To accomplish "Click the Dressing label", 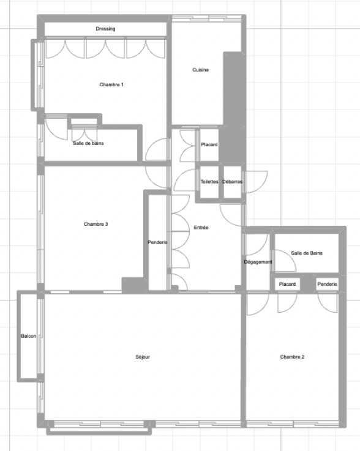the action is [x=105, y=29].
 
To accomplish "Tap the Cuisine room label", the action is [x=201, y=70].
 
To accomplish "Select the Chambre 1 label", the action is [x=111, y=84].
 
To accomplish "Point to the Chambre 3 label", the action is [x=96, y=224].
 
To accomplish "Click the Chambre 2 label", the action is [x=292, y=357].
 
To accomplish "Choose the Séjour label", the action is [x=143, y=357].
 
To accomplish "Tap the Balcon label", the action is [x=29, y=336].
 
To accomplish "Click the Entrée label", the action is [x=201, y=228].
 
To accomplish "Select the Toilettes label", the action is [x=209, y=182].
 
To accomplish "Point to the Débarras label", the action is [x=232, y=182].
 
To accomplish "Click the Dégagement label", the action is [x=258, y=262].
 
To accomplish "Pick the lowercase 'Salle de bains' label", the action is [x=88, y=143].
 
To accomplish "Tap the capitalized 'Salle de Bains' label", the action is [x=307, y=253].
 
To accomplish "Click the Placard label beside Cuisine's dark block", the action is [x=209, y=144].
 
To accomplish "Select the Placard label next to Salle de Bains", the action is [x=287, y=284].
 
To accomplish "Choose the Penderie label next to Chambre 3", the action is [x=157, y=242].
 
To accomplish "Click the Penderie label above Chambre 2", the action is [x=327, y=284].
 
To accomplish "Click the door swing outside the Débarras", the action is [x=256, y=182].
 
